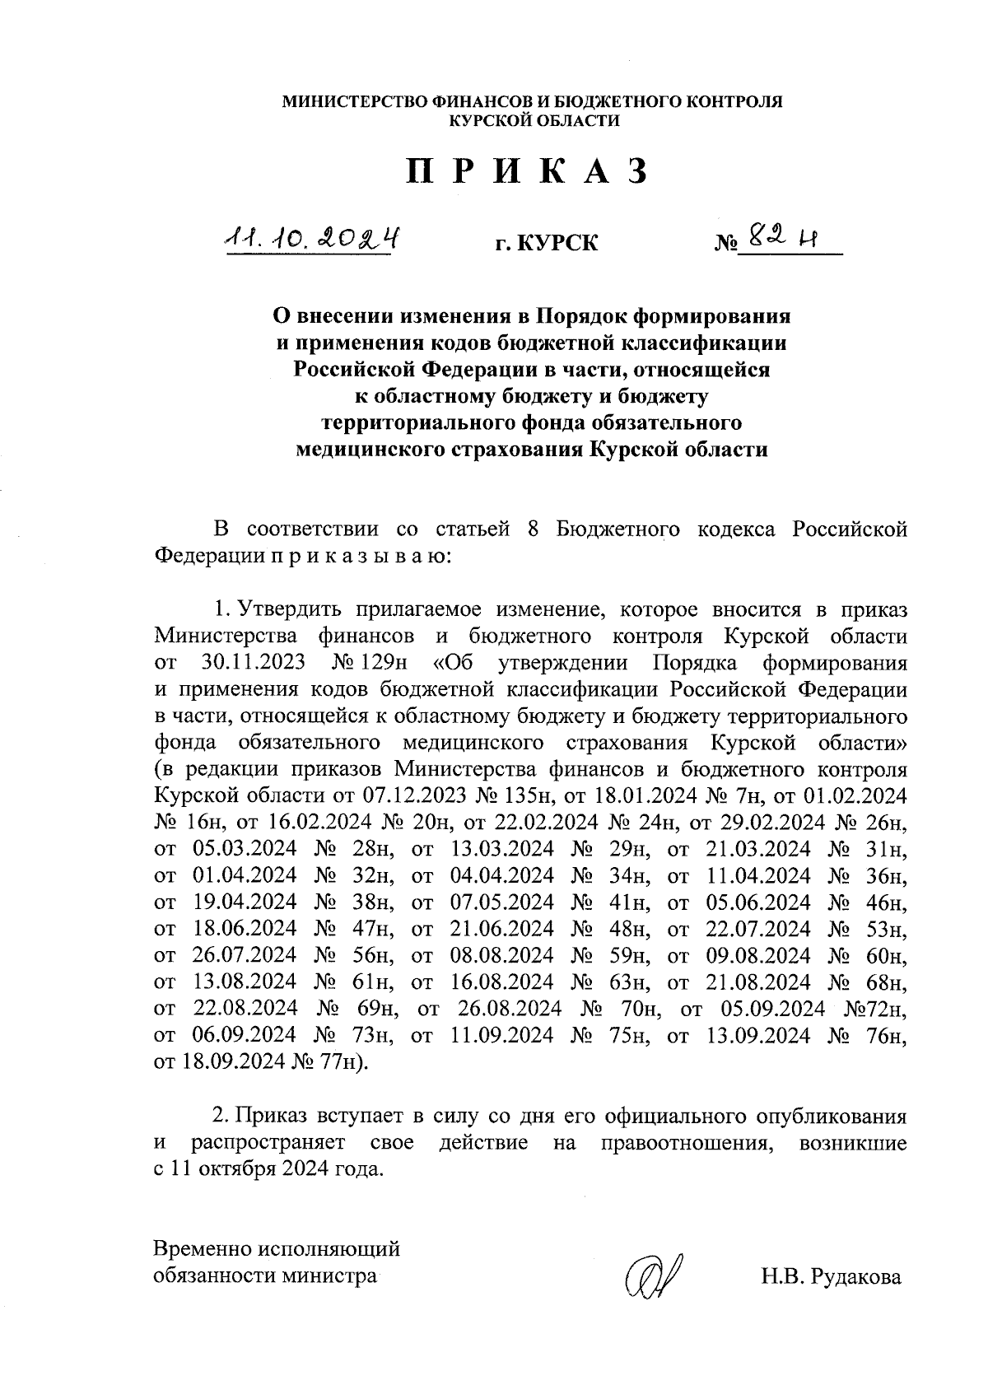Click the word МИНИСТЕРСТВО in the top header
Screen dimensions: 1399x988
[352, 102]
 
